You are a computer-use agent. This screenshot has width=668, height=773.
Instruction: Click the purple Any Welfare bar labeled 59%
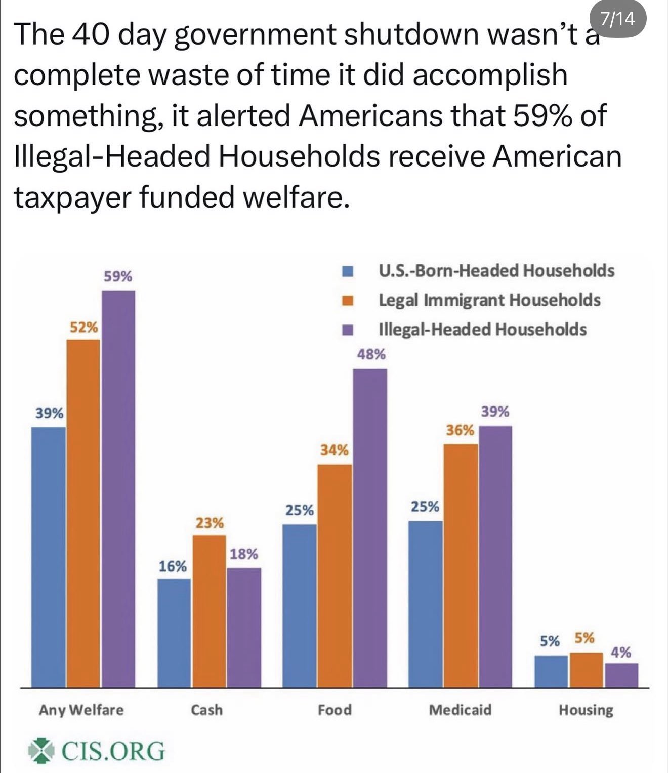click(118, 489)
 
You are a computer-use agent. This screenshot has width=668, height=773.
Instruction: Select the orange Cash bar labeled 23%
click(209, 611)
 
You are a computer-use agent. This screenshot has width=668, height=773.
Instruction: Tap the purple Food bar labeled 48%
click(369, 528)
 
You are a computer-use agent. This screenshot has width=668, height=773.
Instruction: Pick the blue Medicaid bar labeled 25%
click(425, 604)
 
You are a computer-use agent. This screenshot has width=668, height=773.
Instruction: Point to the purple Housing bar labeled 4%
click(621, 675)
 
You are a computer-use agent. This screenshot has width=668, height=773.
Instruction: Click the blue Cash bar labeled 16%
click(174, 633)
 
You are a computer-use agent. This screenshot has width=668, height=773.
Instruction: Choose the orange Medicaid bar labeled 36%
click(461, 565)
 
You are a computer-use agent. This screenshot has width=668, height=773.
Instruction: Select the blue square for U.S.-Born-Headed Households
click(348, 271)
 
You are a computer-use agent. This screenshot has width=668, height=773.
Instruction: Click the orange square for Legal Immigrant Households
click(348, 301)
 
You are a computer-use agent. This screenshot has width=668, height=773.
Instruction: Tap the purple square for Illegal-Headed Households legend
click(348, 330)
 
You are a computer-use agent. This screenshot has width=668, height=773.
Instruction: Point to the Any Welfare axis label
click(81, 710)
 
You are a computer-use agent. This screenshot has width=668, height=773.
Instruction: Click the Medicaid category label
click(460, 710)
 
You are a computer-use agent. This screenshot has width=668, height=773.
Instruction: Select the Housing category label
click(586, 710)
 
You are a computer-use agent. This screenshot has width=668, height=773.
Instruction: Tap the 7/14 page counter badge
click(617, 19)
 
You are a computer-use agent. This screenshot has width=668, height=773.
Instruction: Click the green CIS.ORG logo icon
click(41, 750)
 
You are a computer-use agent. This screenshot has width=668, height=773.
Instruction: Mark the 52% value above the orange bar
click(83, 327)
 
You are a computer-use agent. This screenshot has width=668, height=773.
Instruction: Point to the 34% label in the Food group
click(334, 450)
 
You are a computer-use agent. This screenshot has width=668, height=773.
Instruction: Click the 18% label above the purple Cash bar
click(244, 554)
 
